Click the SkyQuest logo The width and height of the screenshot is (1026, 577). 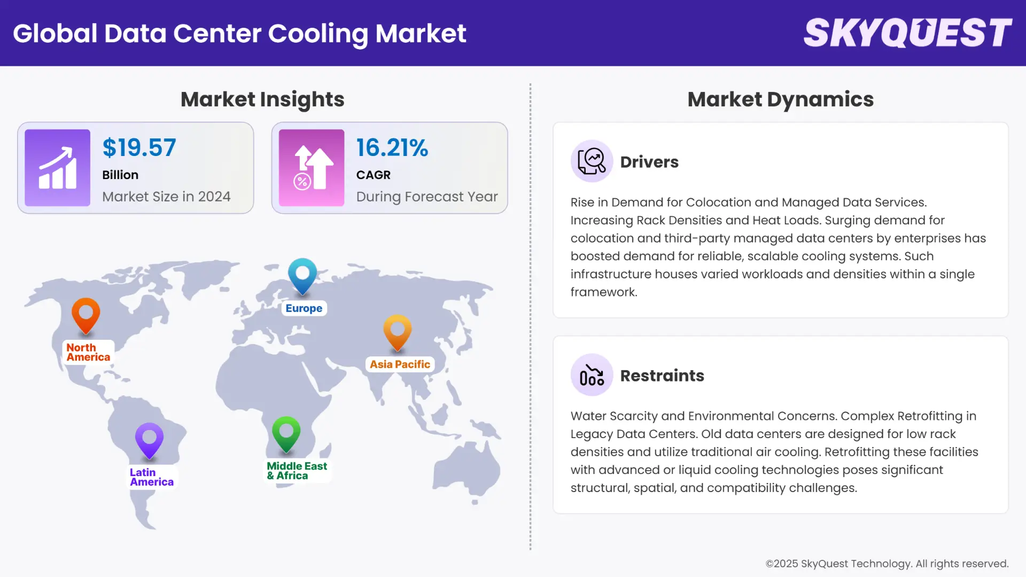(907, 33)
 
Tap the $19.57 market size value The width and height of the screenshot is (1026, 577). (139, 148)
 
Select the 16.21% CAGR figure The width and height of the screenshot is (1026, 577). (392, 148)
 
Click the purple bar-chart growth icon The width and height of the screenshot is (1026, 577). (57, 168)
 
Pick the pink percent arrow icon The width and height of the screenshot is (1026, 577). (312, 168)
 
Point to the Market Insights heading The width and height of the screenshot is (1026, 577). (262, 99)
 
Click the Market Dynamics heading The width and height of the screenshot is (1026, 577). (780, 99)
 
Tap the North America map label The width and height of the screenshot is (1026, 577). (88, 353)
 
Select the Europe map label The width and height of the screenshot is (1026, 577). (304, 308)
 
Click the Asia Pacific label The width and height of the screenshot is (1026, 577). (400, 364)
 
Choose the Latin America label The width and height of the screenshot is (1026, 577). (151, 477)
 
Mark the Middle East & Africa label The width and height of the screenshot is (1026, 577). (297, 471)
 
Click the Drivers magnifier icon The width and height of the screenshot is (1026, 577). (592, 161)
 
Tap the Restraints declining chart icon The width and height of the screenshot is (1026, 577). (592, 375)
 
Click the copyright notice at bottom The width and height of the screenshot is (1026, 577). (887, 564)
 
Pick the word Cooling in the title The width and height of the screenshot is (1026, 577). (317, 34)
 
